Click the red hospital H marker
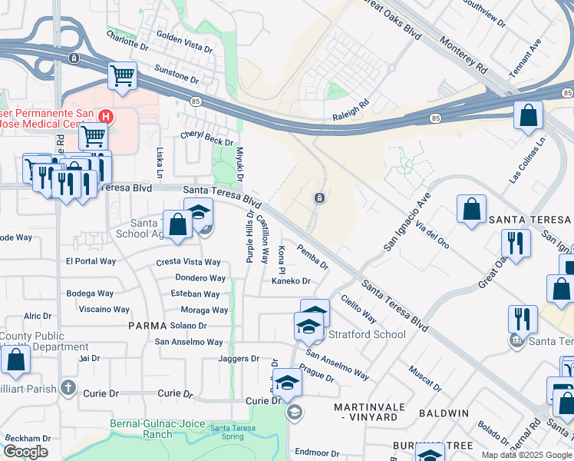coord(107,118)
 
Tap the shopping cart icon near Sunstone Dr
coord(122,76)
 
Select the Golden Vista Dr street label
coord(184,41)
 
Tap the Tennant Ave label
coord(526,58)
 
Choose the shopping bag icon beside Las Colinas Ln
coord(528,116)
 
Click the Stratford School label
coord(367,334)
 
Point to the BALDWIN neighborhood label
coord(444,413)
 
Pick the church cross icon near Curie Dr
coord(68,386)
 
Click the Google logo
coord(25,452)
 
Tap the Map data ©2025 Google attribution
coord(526,455)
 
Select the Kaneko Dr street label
coord(290,281)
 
